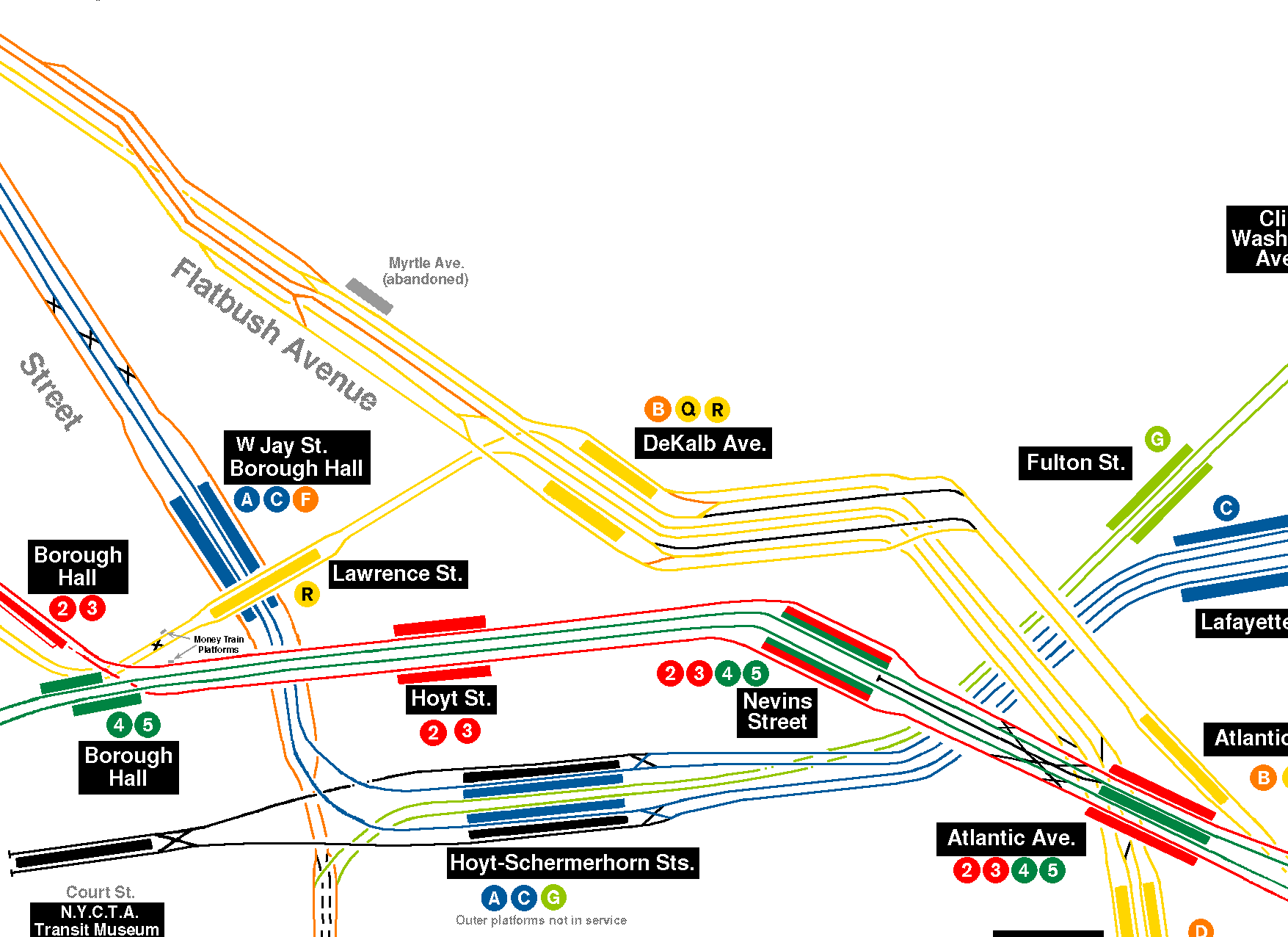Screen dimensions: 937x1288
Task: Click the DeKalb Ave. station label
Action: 703,443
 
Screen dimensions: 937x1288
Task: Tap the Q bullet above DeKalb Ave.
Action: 688,409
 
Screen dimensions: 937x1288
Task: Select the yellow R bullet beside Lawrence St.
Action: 307,594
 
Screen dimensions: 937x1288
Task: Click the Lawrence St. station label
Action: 397,574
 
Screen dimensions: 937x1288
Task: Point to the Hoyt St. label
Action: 451,698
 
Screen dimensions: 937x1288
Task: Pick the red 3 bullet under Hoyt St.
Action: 467,731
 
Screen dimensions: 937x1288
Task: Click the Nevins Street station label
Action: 777,712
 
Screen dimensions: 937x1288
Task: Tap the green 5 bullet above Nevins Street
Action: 756,673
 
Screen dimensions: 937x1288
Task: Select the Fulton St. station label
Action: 1075,463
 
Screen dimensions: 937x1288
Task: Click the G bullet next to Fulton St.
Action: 1157,439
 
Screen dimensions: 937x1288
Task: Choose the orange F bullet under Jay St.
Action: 305,500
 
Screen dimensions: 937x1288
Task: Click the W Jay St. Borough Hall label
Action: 296,457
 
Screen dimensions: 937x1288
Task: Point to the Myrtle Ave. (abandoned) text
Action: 426,271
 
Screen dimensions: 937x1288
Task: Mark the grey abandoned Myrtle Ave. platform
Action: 369,296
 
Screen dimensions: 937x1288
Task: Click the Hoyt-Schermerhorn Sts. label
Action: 572,863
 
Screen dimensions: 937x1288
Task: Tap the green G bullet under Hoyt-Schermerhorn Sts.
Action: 553,897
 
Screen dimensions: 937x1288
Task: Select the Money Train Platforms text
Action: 219,644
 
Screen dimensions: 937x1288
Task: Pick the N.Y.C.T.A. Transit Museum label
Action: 97,921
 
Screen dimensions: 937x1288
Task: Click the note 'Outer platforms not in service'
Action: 541,921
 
